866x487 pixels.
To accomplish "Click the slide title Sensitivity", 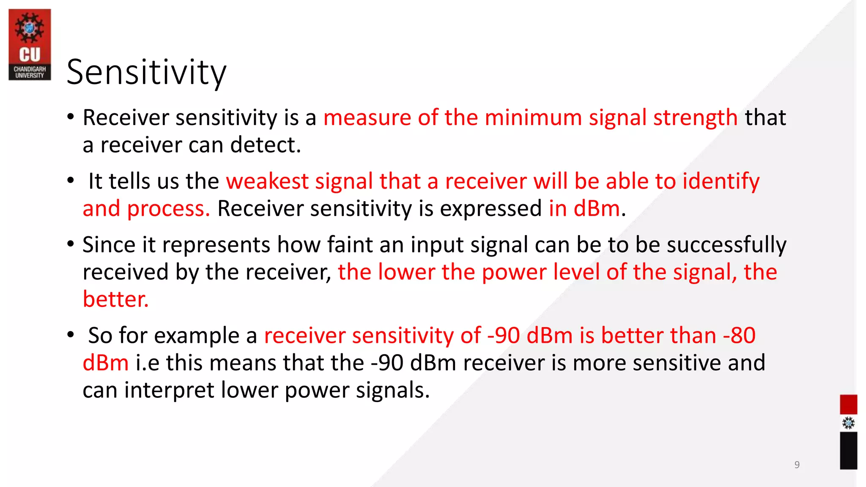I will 146,73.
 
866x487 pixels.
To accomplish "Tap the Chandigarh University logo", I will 30,44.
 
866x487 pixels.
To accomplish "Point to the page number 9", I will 797,465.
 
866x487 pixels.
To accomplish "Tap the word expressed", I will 491,209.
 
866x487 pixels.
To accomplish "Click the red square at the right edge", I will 848,405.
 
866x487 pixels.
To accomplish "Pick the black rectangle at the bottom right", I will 848,451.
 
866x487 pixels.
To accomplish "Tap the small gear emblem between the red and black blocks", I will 848,423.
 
